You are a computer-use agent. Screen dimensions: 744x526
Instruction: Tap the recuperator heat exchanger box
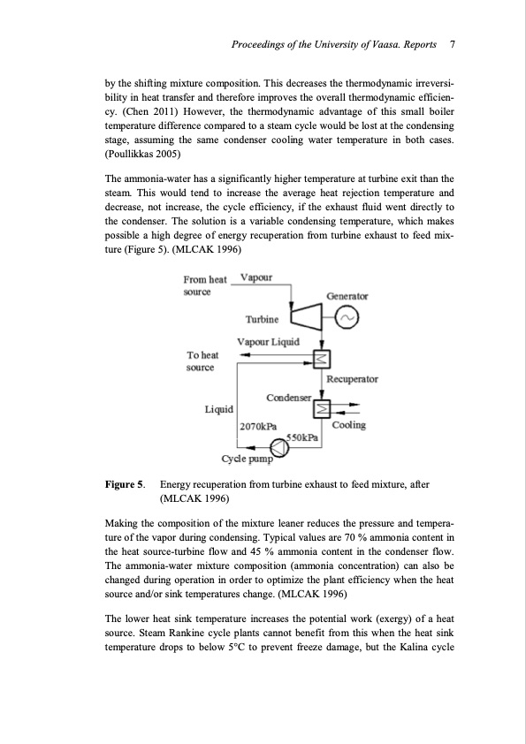322,358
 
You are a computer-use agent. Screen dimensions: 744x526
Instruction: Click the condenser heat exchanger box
322,408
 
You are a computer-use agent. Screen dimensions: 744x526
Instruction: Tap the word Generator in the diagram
347,296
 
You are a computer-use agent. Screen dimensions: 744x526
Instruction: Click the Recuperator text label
352,379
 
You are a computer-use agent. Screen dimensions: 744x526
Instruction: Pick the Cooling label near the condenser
351,425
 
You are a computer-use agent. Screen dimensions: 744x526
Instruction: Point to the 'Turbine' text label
262,319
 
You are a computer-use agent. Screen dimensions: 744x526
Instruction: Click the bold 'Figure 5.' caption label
125,485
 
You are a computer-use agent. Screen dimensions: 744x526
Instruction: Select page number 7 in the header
452,43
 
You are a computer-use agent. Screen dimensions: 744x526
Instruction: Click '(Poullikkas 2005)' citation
149,154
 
